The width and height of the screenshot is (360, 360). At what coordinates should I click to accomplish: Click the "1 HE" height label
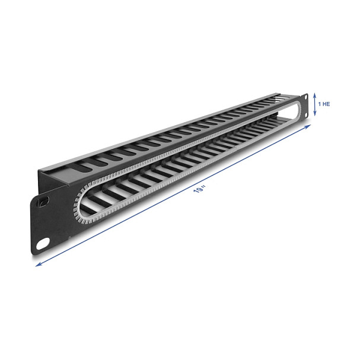coord(324,104)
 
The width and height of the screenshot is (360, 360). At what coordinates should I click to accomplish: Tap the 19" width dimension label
coord(199,190)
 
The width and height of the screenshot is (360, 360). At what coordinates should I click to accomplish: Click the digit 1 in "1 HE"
coord(319,104)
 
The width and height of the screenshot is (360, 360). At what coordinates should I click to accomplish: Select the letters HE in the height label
coord(326,104)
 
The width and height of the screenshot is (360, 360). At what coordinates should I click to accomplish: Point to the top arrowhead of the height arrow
coord(315,94)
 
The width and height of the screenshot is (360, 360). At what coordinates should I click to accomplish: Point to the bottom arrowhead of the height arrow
coord(315,114)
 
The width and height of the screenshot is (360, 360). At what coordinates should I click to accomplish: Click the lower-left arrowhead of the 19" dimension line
coord(38,265)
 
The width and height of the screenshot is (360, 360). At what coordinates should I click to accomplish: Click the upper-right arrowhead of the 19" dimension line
coord(308,126)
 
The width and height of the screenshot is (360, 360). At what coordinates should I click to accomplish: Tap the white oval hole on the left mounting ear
coord(43,244)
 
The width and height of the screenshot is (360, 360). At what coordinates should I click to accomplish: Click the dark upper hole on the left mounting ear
coord(43,202)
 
